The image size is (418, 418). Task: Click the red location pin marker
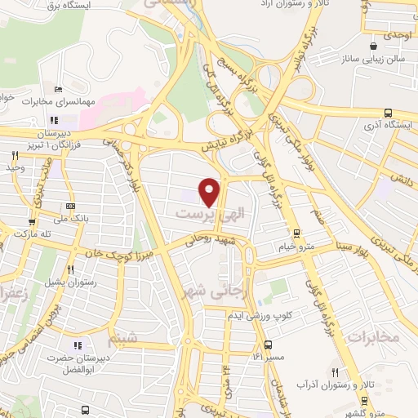tap(211, 191)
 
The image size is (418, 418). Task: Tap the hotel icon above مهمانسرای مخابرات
tap(57, 90)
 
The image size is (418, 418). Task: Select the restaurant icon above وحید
tap(15, 154)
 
